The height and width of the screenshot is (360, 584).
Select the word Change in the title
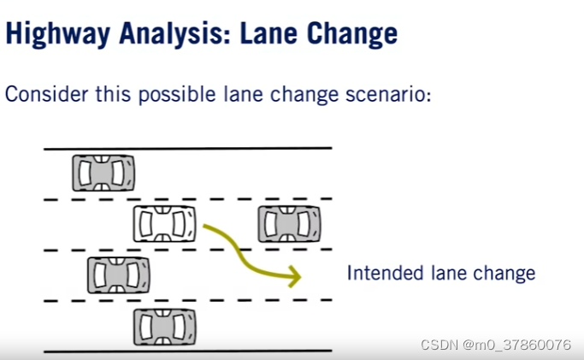(x=352, y=33)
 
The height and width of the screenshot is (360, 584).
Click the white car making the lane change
(x=164, y=224)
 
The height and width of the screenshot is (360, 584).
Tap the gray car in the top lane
(x=103, y=174)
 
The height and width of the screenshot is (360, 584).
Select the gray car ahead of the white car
(x=290, y=224)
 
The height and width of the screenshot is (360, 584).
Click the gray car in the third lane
(x=119, y=274)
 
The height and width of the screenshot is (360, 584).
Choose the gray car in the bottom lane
(x=164, y=326)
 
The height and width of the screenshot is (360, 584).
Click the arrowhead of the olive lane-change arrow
(x=293, y=276)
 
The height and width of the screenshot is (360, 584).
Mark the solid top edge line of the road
(x=187, y=149)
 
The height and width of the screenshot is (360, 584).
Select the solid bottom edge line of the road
(x=187, y=351)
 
